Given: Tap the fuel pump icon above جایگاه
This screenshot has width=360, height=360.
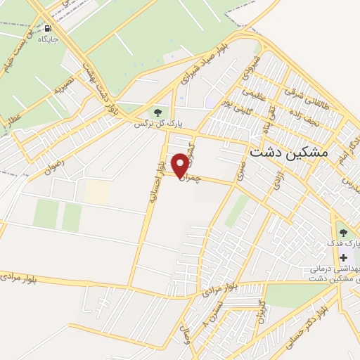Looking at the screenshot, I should (x=48, y=29).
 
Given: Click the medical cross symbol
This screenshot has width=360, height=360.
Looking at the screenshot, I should (x=343, y=257).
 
